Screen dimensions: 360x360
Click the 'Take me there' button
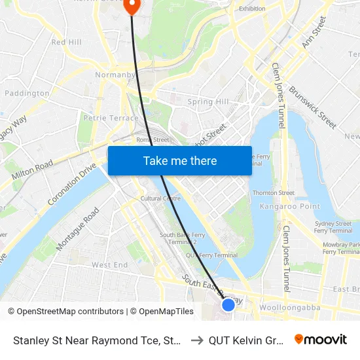click(x=180, y=160)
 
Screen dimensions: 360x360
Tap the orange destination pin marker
click(x=132, y=6)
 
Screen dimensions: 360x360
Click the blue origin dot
click(x=228, y=304)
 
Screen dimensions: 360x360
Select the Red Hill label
click(x=66, y=42)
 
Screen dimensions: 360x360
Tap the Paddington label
click(x=27, y=93)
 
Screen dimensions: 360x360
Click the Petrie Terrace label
click(x=111, y=118)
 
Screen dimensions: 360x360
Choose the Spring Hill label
click(x=208, y=102)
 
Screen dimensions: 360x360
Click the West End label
click(x=110, y=265)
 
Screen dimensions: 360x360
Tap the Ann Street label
click(x=314, y=32)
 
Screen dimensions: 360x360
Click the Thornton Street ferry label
click(x=274, y=193)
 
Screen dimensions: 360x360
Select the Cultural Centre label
click(x=160, y=198)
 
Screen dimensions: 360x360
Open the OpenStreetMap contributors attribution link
click(x=65, y=312)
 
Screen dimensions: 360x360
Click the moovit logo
click(x=321, y=339)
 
